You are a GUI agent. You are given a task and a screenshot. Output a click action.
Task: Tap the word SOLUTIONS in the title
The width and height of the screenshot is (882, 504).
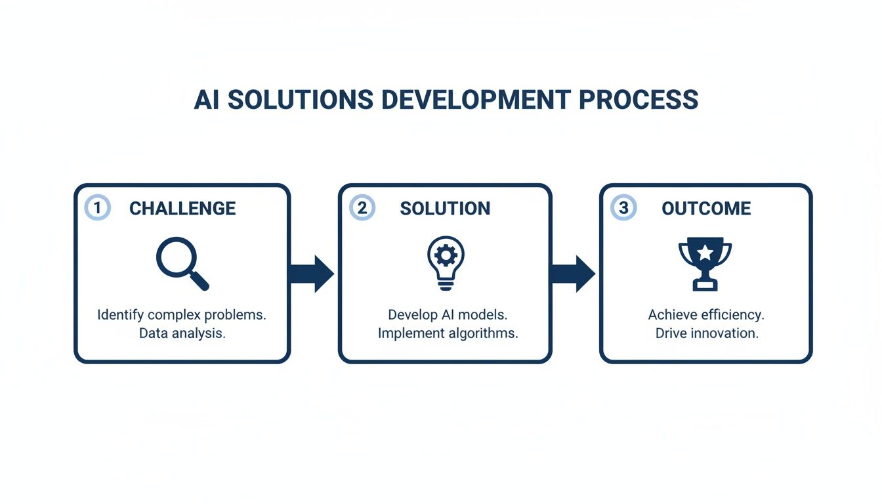300,100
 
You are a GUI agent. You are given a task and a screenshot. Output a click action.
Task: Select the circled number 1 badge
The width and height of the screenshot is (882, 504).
97,208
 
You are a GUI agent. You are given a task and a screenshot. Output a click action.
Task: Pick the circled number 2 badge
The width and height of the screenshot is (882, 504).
362,208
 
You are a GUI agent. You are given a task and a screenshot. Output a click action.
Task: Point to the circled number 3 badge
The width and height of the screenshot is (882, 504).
623,208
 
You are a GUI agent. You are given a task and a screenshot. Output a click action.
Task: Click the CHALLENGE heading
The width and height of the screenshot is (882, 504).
182,209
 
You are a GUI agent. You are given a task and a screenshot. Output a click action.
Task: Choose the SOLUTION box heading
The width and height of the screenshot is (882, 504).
445,209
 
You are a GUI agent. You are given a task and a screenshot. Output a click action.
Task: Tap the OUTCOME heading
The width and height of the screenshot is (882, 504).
706,209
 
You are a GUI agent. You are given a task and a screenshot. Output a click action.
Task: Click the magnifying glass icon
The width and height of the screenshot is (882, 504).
182,263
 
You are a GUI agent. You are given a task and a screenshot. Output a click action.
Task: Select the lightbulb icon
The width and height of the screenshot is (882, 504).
446,262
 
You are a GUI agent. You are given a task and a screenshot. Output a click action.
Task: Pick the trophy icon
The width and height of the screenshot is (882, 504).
705,263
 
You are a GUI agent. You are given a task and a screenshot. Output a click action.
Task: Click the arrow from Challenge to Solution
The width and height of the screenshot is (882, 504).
312,273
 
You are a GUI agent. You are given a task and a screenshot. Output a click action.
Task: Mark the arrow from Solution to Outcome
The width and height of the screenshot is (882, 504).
573,273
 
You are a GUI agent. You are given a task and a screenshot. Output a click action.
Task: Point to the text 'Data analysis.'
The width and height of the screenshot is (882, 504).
182,333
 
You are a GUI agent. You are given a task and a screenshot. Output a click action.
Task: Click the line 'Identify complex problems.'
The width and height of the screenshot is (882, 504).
182,314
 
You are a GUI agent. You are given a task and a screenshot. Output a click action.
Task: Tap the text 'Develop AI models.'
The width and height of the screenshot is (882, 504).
448,314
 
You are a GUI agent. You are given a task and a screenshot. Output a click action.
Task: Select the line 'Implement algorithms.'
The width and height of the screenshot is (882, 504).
448,333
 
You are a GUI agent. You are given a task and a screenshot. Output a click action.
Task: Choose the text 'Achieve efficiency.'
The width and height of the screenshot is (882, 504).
706,314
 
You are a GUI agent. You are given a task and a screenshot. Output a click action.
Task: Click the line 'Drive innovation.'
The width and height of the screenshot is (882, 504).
706,333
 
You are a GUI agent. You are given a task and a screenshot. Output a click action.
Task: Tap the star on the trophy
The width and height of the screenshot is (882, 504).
705,252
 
